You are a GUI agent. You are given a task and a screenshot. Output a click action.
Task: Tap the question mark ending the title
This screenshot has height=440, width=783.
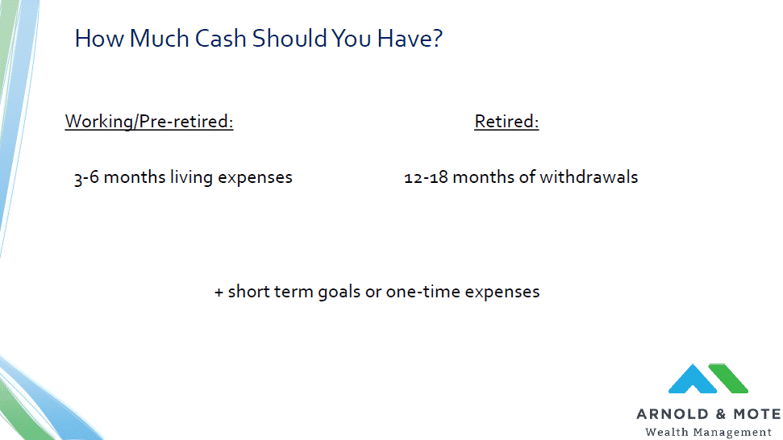pyautogui.click(x=437, y=38)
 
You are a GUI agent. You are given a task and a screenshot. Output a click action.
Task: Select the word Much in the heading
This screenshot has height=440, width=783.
pyautogui.click(x=159, y=39)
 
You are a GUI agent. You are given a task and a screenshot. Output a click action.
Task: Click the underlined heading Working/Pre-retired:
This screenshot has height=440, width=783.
pyautogui.click(x=149, y=122)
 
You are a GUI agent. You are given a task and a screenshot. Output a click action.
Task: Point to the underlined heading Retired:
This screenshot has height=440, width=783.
pyautogui.click(x=506, y=122)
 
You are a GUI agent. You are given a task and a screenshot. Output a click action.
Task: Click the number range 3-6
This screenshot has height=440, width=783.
pyautogui.click(x=86, y=177)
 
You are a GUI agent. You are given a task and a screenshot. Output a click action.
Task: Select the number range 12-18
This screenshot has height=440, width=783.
pyautogui.click(x=426, y=177)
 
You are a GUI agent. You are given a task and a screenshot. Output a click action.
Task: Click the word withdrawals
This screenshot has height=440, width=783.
pyautogui.click(x=589, y=177)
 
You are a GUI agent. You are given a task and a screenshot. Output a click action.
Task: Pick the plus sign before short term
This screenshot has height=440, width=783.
pyautogui.click(x=219, y=293)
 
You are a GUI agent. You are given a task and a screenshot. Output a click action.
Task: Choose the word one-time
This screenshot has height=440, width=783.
pyautogui.click(x=423, y=292)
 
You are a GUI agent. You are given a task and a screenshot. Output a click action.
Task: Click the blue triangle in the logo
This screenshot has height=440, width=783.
pyautogui.click(x=693, y=379)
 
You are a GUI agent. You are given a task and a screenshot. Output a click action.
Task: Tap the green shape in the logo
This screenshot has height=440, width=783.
pyautogui.click(x=729, y=378)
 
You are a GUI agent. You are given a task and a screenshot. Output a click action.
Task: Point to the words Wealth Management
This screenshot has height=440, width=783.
pyautogui.click(x=708, y=432)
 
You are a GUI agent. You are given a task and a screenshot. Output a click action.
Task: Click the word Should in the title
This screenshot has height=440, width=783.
pyautogui.click(x=289, y=39)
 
